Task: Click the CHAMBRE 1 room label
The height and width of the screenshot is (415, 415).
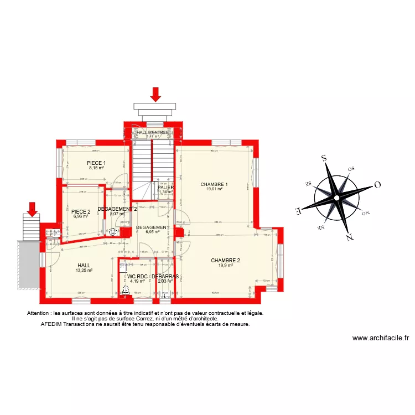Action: pyautogui.click(x=214, y=184)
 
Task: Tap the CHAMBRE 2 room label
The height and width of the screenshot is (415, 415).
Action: pyautogui.click(x=226, y=260)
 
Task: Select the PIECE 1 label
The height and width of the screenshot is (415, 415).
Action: pyautogui.click(x=96, y=163)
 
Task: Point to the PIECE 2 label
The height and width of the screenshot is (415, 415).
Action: pyautogui.click(x=81, y=211)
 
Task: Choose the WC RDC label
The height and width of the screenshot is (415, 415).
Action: pyautogui.click(x=136, y=276)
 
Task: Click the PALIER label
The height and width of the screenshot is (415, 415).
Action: pyautogui.click(x=166, y=188)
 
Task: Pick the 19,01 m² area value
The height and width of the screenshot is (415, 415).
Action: pyautogui.click(x=214, y=189)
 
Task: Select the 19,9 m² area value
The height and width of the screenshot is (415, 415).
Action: pyautogui.click(x=226, y=266)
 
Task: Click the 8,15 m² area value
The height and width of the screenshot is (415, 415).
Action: pyautogui.click(x=96, y=168)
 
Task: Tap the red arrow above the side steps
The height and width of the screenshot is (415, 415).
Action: pyautogui.click(x=32, y=209)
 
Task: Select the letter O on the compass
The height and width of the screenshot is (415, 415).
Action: pyautogui.click(x=377, y=185)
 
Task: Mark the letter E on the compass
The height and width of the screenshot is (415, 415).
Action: pyautogui.click(x=298, y=210)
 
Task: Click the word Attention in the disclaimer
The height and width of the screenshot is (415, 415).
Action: pyautogui.click(x=38, y=313)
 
